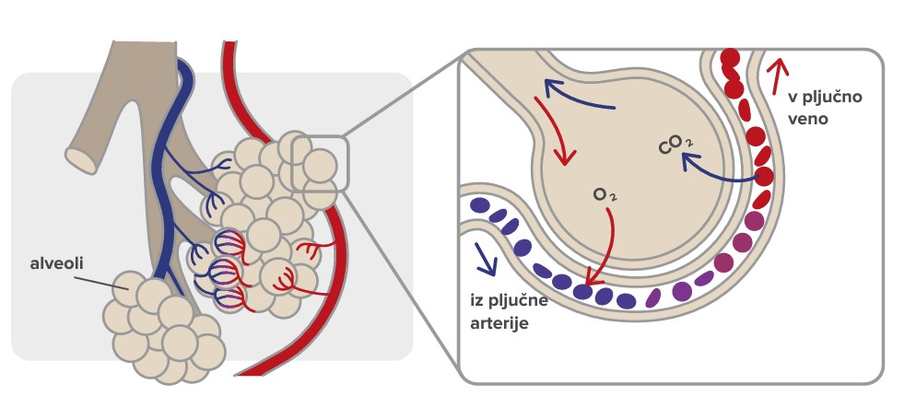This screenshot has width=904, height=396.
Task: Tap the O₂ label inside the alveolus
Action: [x=605, y=195]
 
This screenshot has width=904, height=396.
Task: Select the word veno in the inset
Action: [x=809, y=119]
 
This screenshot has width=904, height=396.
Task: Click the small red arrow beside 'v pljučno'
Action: [x=779, y=70]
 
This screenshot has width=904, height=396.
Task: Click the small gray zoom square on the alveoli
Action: [x=319, y=163]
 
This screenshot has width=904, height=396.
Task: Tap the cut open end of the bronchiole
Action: [x=81, y=158]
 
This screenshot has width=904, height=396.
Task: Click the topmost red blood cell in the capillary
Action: [x=730, y=58]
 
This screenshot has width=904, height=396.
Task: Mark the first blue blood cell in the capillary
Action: [x=479, y=205]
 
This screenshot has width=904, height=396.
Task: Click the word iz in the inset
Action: [x=476, y=302]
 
